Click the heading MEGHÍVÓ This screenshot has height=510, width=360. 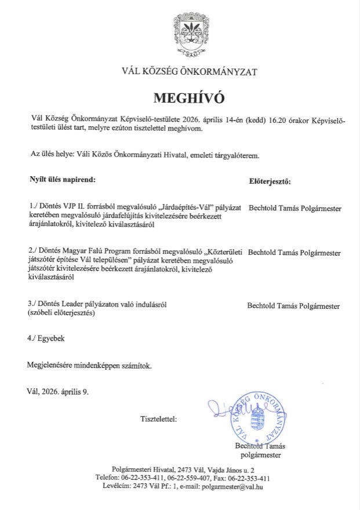coord(188,96)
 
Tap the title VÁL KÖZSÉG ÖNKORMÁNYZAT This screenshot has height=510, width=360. coord(188,72)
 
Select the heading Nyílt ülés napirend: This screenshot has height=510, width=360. coord(61,180)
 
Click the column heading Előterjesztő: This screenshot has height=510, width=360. coord(270,181)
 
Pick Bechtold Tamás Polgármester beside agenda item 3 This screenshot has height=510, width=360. coord(293,305)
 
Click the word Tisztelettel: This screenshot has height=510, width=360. coord(159,418)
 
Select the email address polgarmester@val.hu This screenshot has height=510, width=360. coord(232,487)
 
